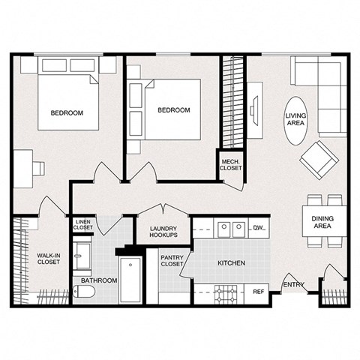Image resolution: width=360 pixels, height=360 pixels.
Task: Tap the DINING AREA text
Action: click(x=322, y=221)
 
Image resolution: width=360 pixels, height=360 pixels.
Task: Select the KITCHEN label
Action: click(x=232, y=263)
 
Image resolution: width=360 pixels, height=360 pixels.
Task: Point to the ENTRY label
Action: click(x=292, y=283)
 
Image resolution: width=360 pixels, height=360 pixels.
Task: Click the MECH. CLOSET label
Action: click(x=230, y=164)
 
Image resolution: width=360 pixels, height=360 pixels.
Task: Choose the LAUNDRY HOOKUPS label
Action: click(x=163, y=232)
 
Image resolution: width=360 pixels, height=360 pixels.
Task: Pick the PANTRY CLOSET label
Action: click(x=173, y=260)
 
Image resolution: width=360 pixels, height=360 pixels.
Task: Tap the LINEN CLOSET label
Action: click(x=83, y=224)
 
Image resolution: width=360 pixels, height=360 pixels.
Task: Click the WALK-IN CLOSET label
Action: click(x=49, y=259)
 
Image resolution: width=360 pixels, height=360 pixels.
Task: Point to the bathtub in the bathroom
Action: click(x=130, y=280)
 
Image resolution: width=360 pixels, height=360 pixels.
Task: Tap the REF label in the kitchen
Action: click(x=258, y=291)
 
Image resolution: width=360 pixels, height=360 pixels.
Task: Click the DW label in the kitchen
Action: click(x=257, y=227)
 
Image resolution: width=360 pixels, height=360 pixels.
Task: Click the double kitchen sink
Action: click(x=230, y=228)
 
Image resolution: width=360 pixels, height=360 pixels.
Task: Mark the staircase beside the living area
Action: click(x=233, y=105)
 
